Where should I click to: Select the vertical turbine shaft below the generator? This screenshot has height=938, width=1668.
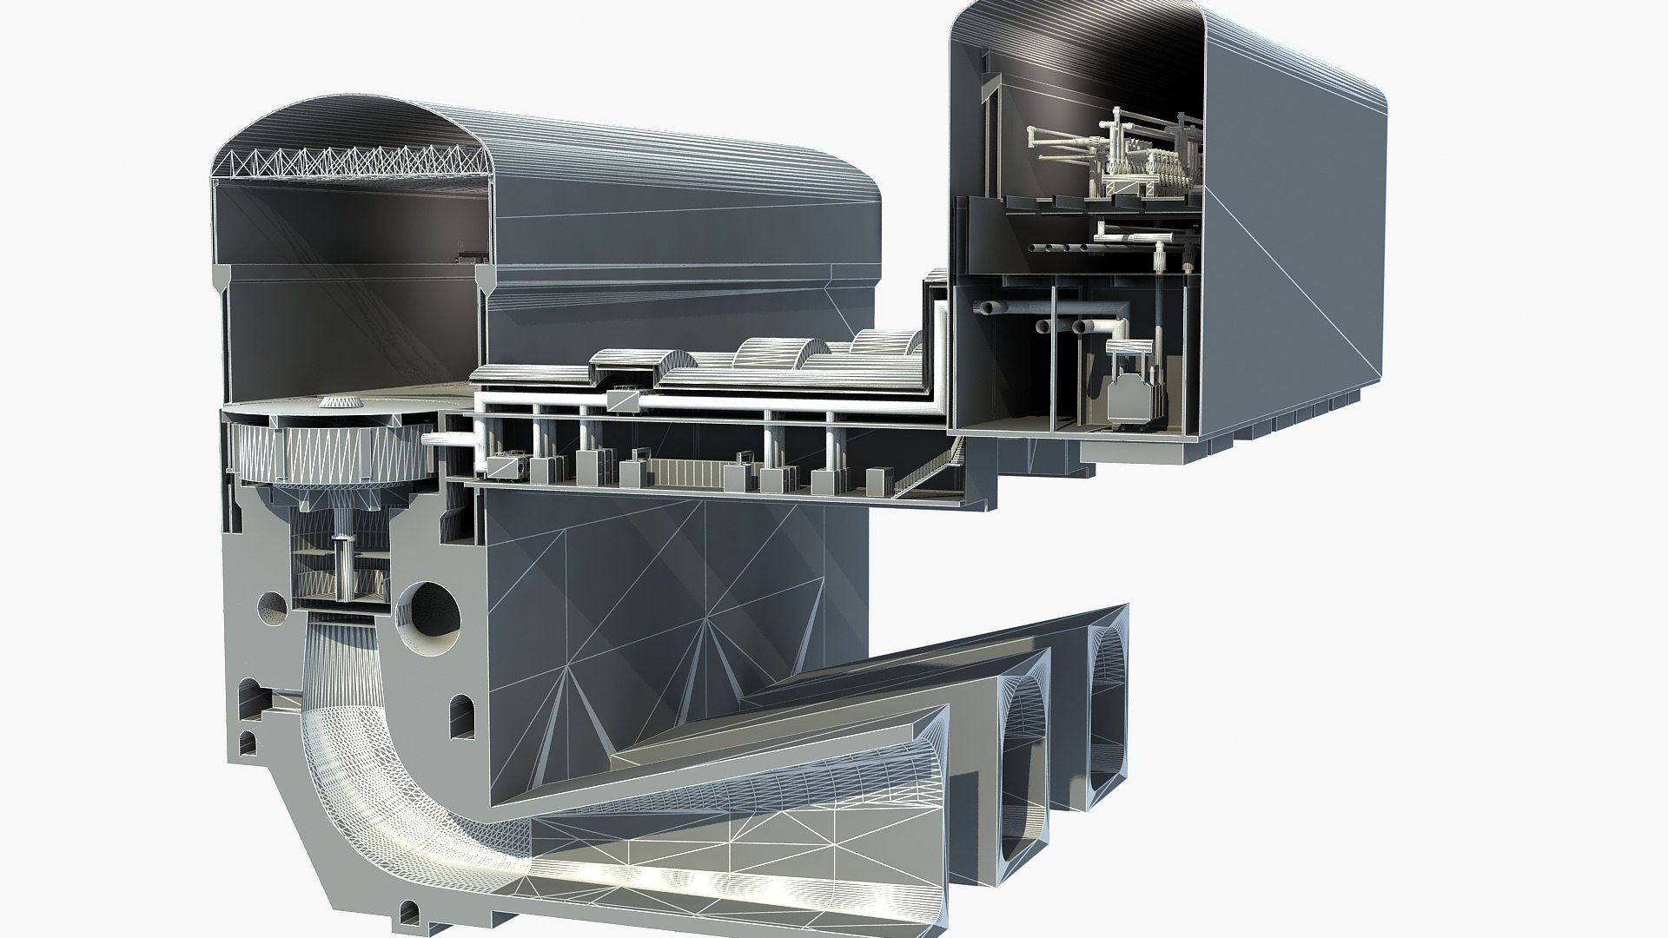coord(344,565)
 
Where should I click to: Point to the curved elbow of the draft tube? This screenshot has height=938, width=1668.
coord(347,764)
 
